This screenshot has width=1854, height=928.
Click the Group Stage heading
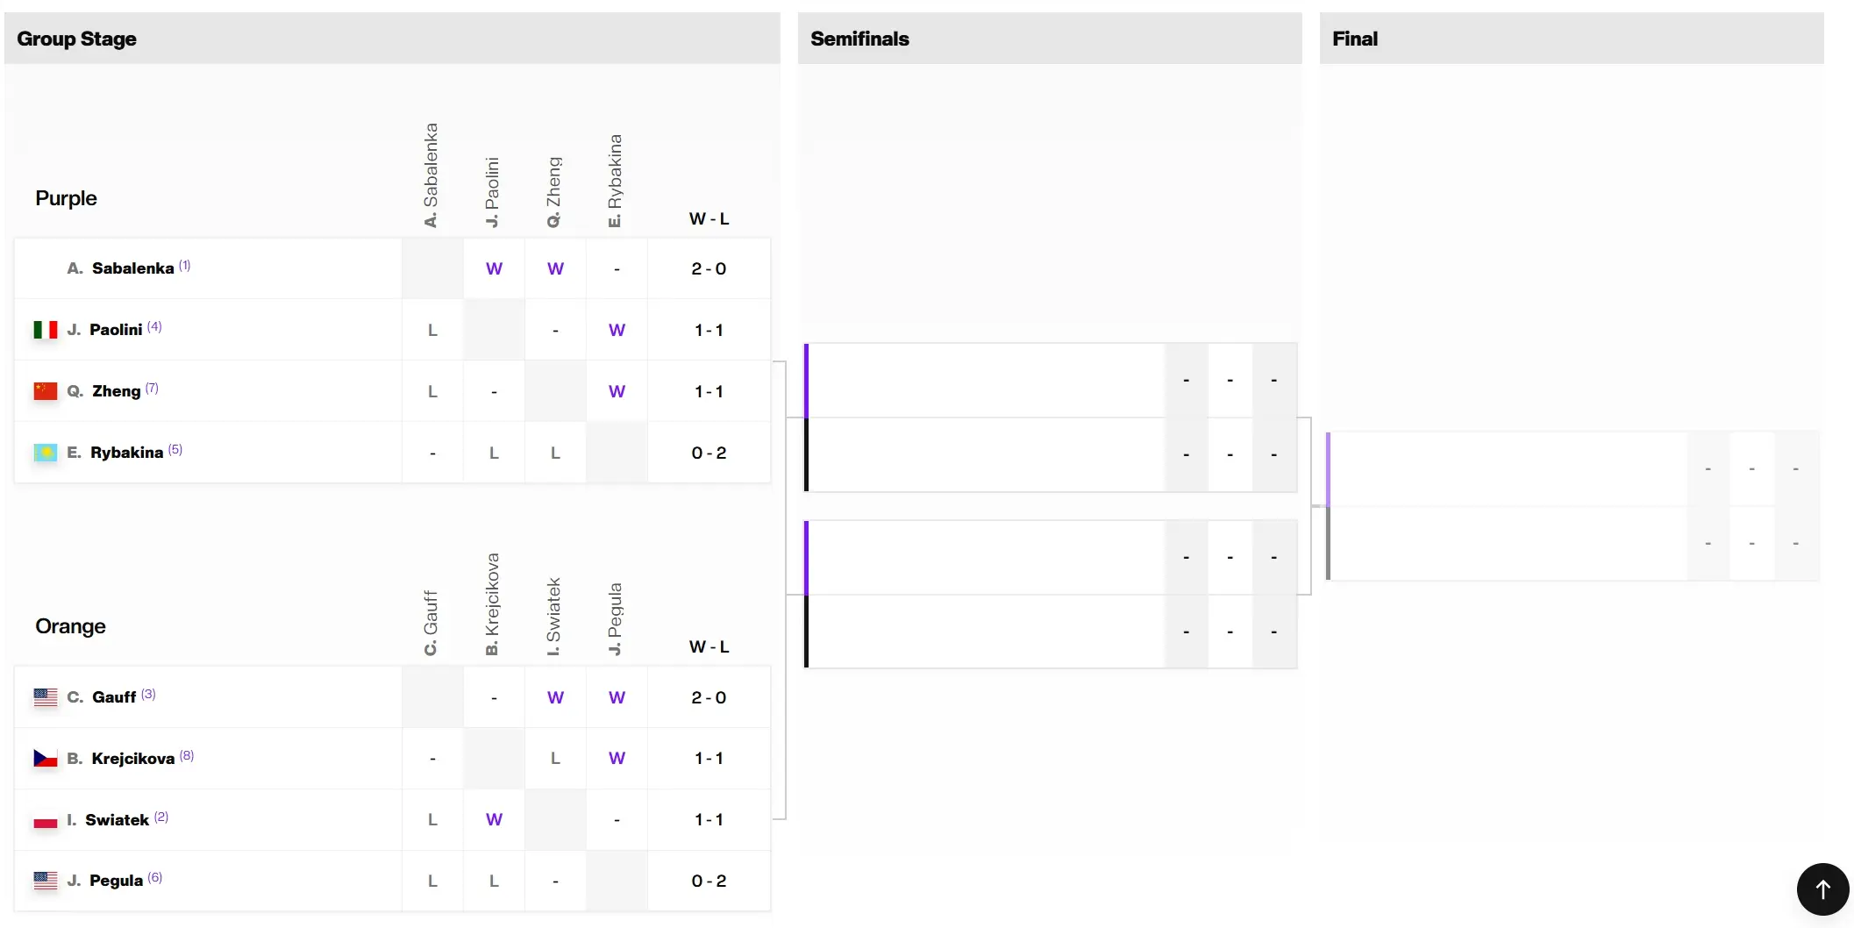click(x=76, y=39)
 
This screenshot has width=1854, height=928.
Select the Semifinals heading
click(x=859, y=39)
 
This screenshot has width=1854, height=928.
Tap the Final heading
click(x=1355, y=39)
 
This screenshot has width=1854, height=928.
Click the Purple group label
click(x=66, y=198)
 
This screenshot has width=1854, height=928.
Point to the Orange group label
click(x=70, y=626)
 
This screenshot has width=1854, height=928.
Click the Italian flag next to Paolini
click(x=46, y=330)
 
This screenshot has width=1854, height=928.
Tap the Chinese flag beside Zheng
click(x=46, y=391)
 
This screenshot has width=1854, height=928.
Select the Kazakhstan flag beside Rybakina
click(x=46, y=453)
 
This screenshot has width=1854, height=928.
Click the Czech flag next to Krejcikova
click(x=46, y=758)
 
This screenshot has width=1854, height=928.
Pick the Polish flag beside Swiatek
click(x=46, y=820)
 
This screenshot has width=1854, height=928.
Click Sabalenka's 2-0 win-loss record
click(x=709, y=268)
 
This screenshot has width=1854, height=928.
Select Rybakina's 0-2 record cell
click(x=709, y=453)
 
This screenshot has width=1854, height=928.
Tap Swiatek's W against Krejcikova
click(x=495, y=819)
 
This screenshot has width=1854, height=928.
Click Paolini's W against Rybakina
click(x=617, y=330)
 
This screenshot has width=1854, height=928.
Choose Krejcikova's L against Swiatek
click(x=555, y=758)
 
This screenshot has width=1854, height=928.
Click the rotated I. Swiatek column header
click(x=553, y=617)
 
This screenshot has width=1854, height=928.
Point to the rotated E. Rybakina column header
click(x=615, y=181)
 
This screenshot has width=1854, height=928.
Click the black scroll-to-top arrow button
click(x=1822, y=889)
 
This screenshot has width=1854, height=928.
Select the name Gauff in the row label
click(x=114, y=697)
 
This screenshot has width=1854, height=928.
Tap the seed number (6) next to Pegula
click(x=155, y=877)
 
